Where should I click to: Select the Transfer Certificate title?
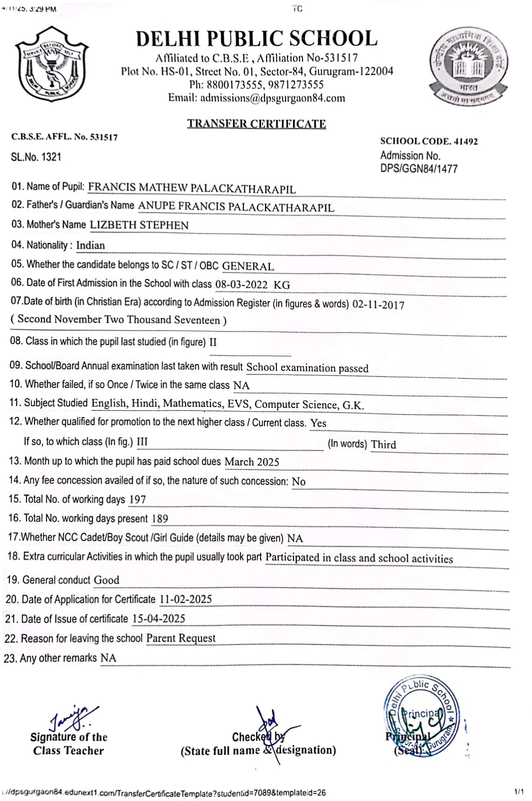point(256,124)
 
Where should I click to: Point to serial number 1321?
point(51,157)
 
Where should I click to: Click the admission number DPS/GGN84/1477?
point(419,169)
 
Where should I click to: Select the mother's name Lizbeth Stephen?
point(139,225)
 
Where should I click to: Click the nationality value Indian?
point(91,245)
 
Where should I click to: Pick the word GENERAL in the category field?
point(248,266)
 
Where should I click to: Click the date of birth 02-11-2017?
point(378,304)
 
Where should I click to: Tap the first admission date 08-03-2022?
point(241,285)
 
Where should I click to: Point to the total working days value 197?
point(137,500)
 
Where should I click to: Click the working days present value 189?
point(160,519)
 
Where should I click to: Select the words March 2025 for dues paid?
point(251,462)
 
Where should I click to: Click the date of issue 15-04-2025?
point(158,619)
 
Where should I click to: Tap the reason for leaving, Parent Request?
point(181,638)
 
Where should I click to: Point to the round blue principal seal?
point(421,718)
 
